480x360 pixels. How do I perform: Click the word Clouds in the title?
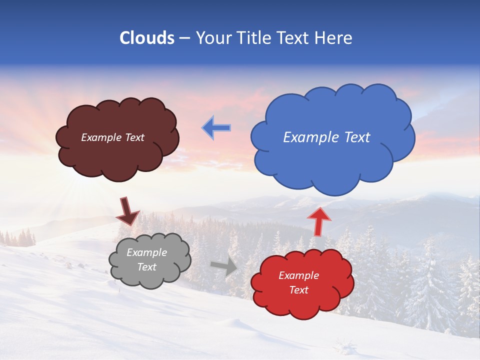146,38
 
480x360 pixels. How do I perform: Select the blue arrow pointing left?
216,128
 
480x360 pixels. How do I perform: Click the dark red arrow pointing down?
127,211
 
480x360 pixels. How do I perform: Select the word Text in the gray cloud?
147,267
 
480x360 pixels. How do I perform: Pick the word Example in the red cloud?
298,275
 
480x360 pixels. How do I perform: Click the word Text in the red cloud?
298,290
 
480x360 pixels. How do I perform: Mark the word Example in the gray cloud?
147,252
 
